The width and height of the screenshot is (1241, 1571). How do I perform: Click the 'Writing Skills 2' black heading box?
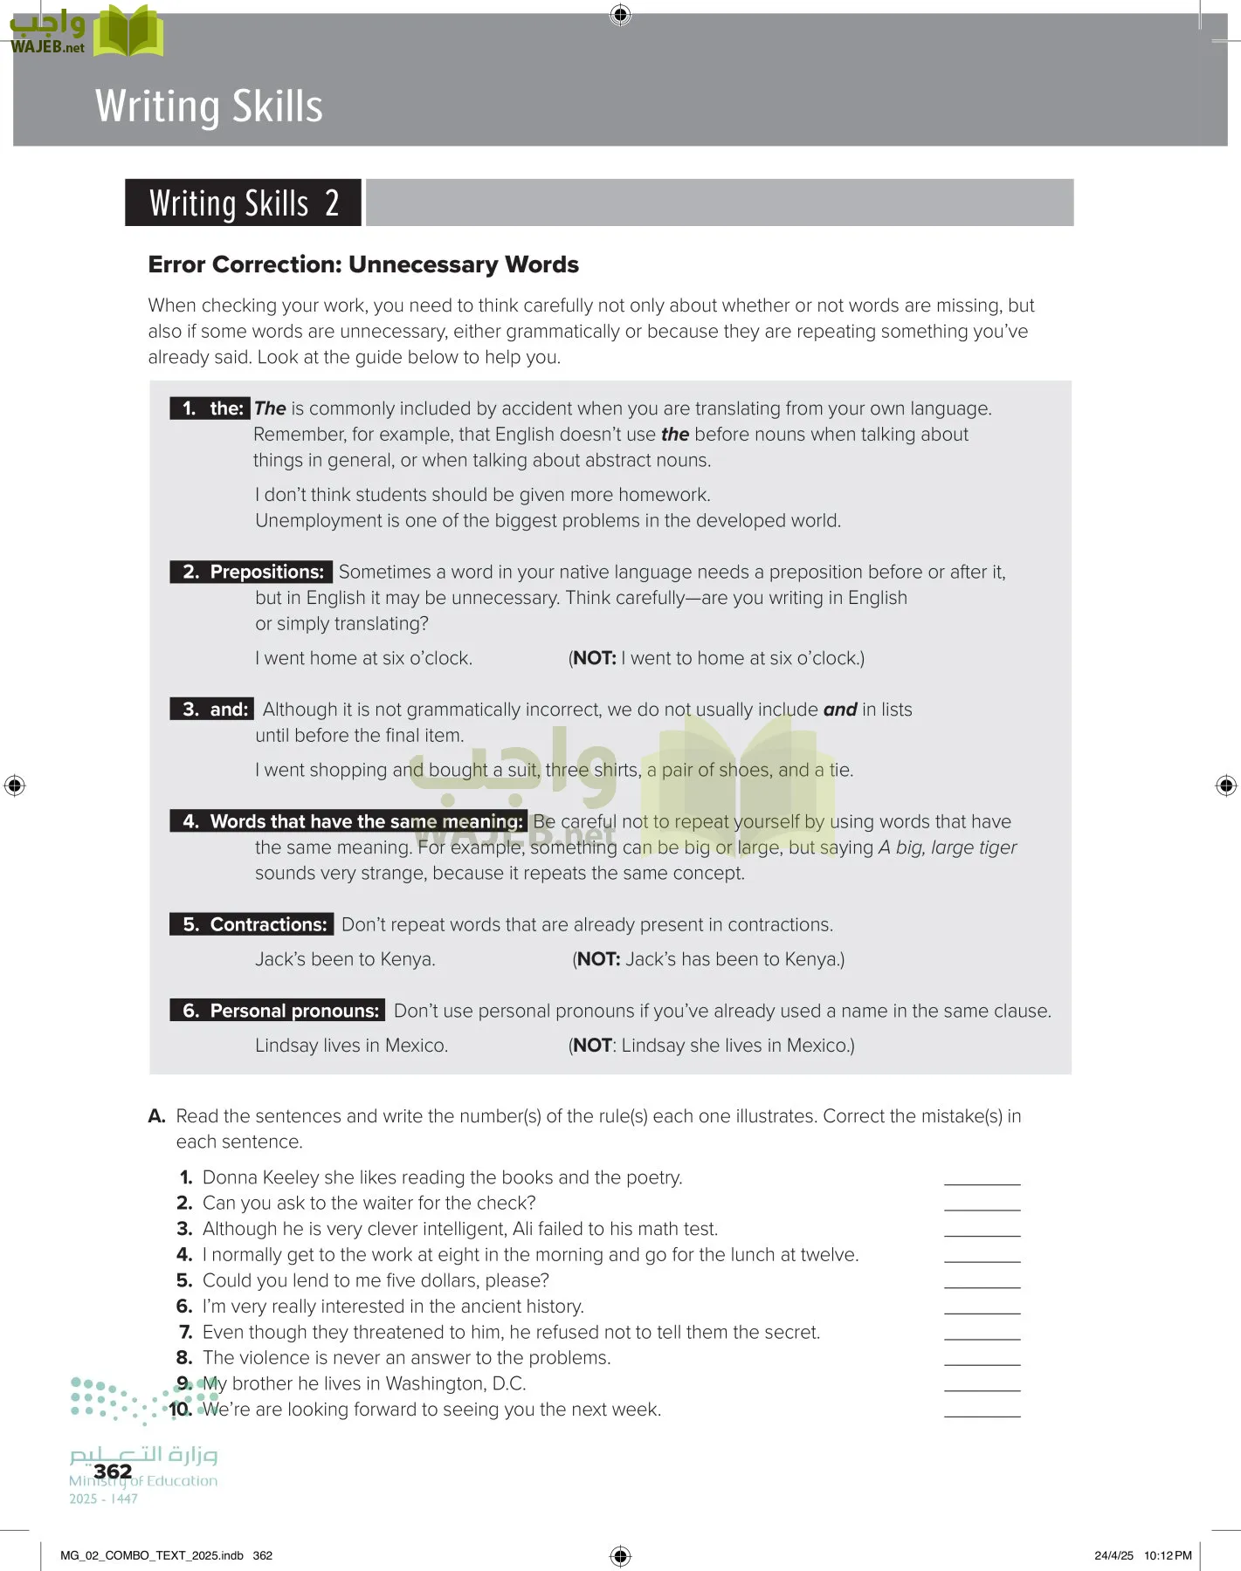pyautogui.click(x=243, y=203)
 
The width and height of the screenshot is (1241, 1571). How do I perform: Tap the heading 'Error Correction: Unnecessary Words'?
pyautogui.click(x=363, y=264)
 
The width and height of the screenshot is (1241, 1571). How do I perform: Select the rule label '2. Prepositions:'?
pyautogui.click(x=252, y=572)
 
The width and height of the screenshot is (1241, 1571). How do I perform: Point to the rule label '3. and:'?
pyautogui.click(x=213, y=710)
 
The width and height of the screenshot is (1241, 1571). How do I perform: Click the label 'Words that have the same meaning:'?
pyautogui.click(x=366, y=821)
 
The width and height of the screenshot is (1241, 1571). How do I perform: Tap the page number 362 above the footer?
pyautogui.click(x=113, y=1472)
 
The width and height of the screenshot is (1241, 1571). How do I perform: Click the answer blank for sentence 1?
pyautogui.click(x=982, y=1178)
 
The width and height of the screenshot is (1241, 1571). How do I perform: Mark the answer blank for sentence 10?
pyautogui.click(x=982, y=1410)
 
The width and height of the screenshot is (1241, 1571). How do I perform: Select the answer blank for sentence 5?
pyautogui.click(x=982, y=1281)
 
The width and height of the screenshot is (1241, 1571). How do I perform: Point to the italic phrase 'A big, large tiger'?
pyautogui.click(x=948, y=847)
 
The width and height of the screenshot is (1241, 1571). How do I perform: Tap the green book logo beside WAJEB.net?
pyautogui.click(x=128, y=31)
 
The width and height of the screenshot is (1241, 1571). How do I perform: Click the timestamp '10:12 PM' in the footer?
pyautogui.click(x=1168, y=1555)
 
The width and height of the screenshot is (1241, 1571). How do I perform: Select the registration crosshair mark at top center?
pyautogui.click(x=620, y=15)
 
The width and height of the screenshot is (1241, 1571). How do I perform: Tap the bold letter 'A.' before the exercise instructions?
pyautogui.click(x=157, y=1116)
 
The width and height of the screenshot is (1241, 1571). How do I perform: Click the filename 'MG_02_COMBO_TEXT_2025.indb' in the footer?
pyautogui.click(x=152, y=1555)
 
